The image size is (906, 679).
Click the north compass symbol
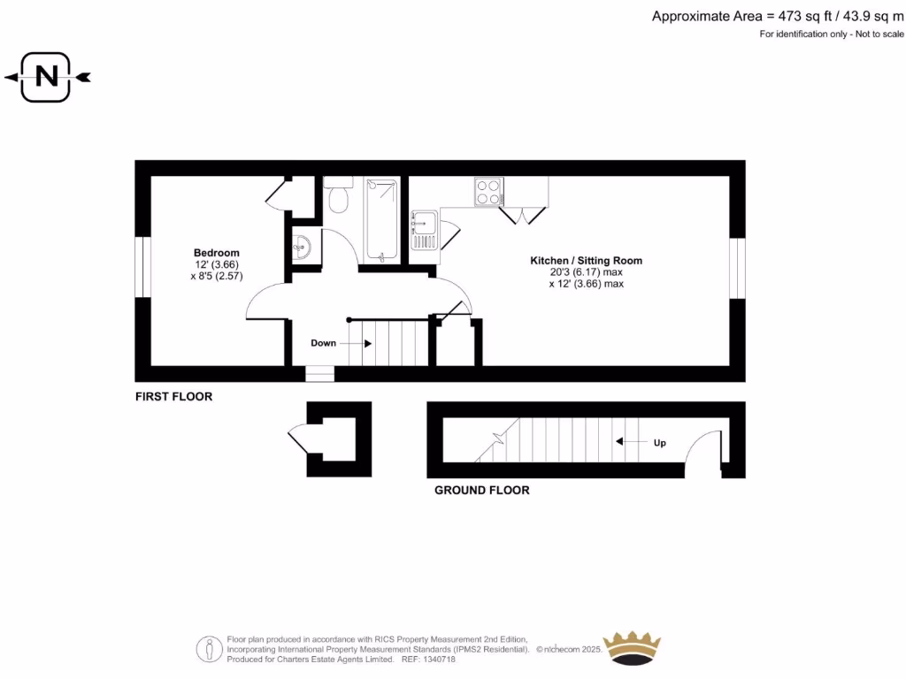pyautogui.click(x=47, y=77)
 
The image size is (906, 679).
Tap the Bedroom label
pyautogui.click(x=217, y=253)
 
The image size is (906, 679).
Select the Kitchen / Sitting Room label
pyautogui.click(x=586, y=261)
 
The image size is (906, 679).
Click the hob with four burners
pyautogui.click(x=488, y=192)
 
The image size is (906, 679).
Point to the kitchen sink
pyautogui.click(x=424, y=230)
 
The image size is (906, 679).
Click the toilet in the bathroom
pyautogui.click(x=338, y=195)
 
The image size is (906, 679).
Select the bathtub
pyautogui.click(x=382, y=219)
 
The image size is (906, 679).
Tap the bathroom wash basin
pyautogui.click(x=303, y=248)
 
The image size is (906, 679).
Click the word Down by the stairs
pyautogui.click(x=323, y=343)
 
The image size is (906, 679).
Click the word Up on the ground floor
pyautogui.click(x=660, y=443)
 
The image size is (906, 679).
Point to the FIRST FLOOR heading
pyautogui.click(x=174, y=397)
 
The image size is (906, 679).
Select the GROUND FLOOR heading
pyautogui.click(x=482, y=490)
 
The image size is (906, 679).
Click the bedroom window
pyautogui.click(x=142, y=267)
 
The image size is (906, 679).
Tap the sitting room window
pyautogui.click(x=737, y=268)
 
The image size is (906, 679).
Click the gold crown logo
pyautogui.click(x=632, y=648)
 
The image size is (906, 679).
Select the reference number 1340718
pyautogui.click(x=439, y=660)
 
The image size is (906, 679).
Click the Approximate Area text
pyautogui.click(x=778, y=16)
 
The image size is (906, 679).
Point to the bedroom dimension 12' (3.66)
pyautogui.click(x=217, y=264)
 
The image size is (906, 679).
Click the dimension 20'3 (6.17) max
pyautogui.click(x=586, y=272)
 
